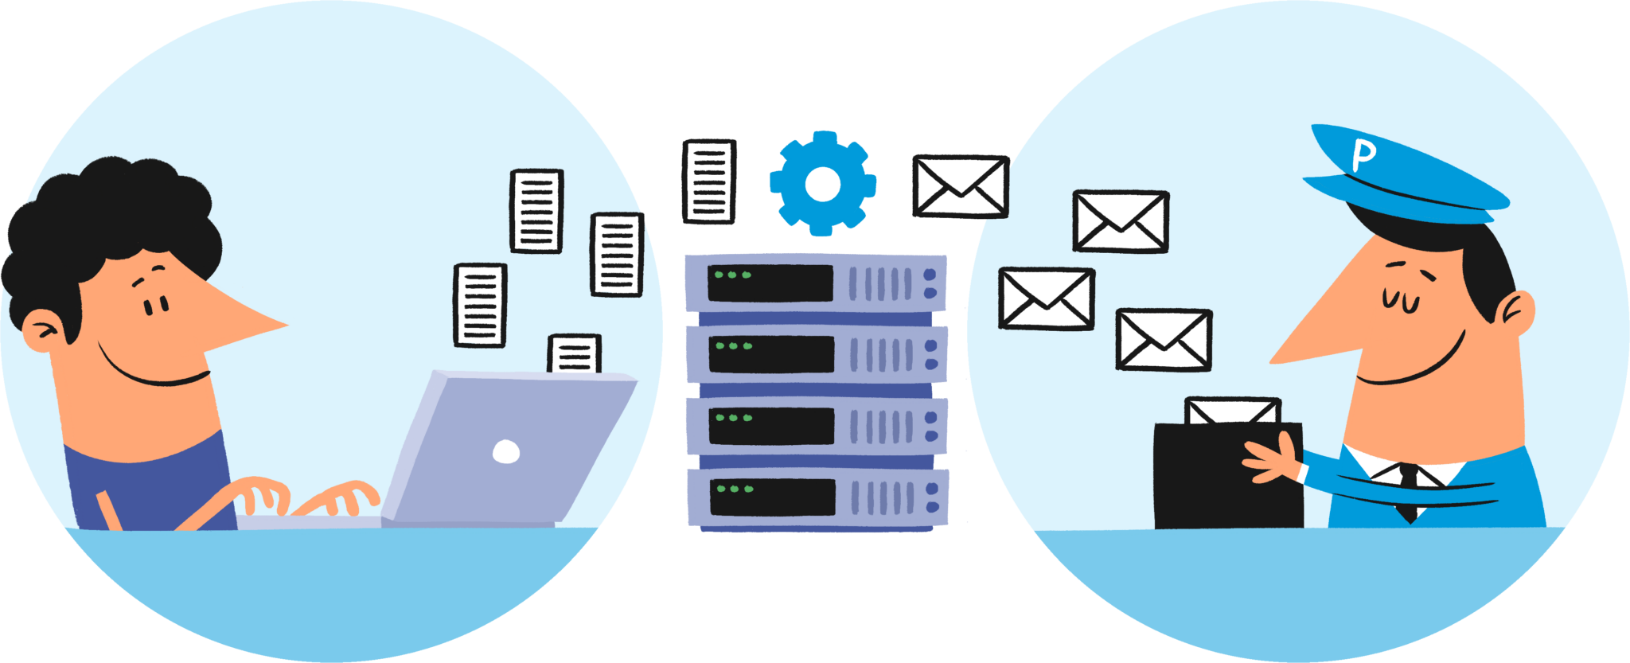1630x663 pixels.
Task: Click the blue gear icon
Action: pyautogui.click(x=823, y=184)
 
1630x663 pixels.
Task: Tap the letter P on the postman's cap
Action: pyautogui.click(x=1363, y=154)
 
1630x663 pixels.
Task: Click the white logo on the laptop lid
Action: pyautogui.click(x=506, y=451)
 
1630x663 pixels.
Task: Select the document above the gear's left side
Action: pyautogui.click(x=709, y=181)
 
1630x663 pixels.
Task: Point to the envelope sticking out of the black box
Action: pyautogui.click(x=1232, y=411)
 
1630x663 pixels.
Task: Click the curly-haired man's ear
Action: pyautogui.click(x=41, y=330)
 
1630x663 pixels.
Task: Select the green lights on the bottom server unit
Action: pyautogui.click(x=733, y=488)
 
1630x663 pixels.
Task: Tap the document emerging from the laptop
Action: pyautogui.click(x=574, y=353)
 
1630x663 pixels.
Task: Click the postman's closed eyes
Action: pyautogui.click(x=1401, y=299)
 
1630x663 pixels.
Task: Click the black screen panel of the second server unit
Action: pyautogui.click(x=770, y=354)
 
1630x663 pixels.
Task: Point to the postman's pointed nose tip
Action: pyautogui.click(x=1273, y=361)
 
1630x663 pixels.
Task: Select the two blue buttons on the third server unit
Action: pyautogui.click(x=931, y=426)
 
